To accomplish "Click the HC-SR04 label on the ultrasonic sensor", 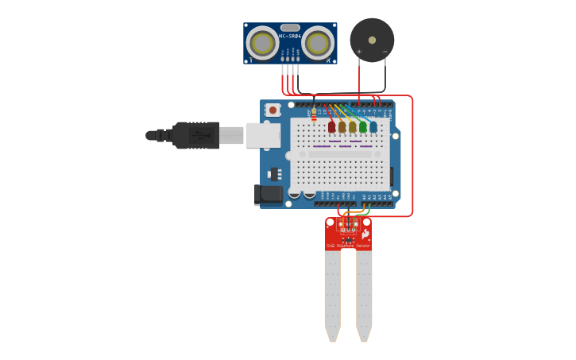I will click(x=290, y=36).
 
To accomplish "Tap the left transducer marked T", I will click(x=262, y=43).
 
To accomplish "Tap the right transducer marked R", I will click(x=317, y=43).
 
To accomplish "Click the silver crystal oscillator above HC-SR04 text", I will click(x=290, y=28).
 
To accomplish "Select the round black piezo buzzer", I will click(x=372, y=40).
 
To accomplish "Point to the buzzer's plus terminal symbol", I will click(x=359, y=52).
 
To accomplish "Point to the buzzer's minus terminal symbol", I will click(x=385, y=52).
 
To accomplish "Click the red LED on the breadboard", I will click(x=331, y=126).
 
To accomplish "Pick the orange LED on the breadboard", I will click(x=342, y=126).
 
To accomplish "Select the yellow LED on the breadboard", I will click(x=352, y=126).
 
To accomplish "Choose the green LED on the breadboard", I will click(x=362, y=126).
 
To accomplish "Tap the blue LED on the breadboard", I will click(x=373, y=126).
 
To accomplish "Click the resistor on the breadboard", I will click(x=314, y=115).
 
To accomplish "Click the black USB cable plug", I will click(x=195, y=135).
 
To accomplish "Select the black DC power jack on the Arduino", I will click(x=269, y=194).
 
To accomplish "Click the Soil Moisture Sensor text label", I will click(x=348, y=246).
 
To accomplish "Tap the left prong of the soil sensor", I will click(x=332, y=294).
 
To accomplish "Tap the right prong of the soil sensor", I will click(x=364, y=294).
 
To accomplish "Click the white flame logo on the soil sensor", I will click(x=365, y=234).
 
